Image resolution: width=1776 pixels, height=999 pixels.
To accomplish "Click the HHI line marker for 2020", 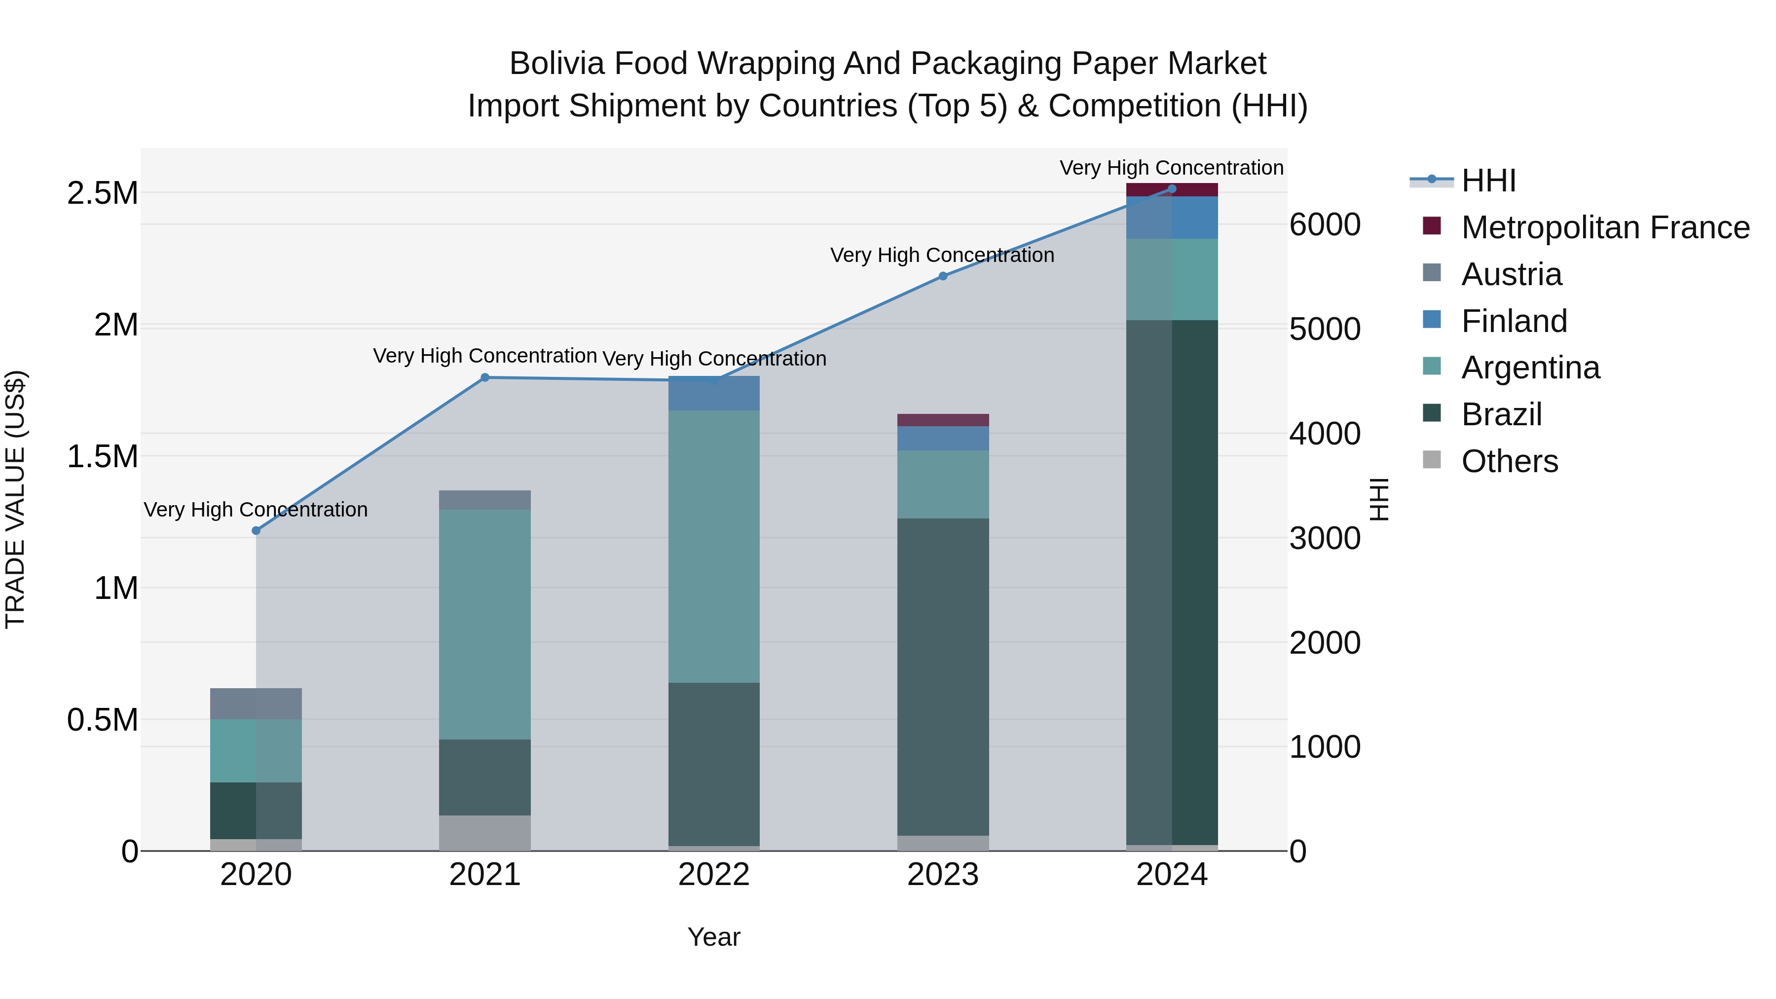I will (256, 530).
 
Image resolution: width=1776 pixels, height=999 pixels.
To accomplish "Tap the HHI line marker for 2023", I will (943, 276).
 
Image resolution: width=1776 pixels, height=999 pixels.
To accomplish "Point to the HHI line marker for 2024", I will (1172, 188).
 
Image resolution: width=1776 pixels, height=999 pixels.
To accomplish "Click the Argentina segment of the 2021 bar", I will (484, 624).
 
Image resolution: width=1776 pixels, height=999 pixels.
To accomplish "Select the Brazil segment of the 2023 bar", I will (943, 676).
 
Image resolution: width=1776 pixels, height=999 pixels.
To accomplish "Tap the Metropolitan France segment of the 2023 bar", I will (943, 420).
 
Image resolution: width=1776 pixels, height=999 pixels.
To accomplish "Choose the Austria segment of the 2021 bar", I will (484, 500).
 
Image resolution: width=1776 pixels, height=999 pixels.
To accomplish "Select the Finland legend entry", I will (1514, 321).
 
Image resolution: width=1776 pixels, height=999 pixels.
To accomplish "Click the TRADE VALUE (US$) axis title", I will (15, 499).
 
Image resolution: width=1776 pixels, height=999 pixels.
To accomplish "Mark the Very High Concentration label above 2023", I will (942, 255).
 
